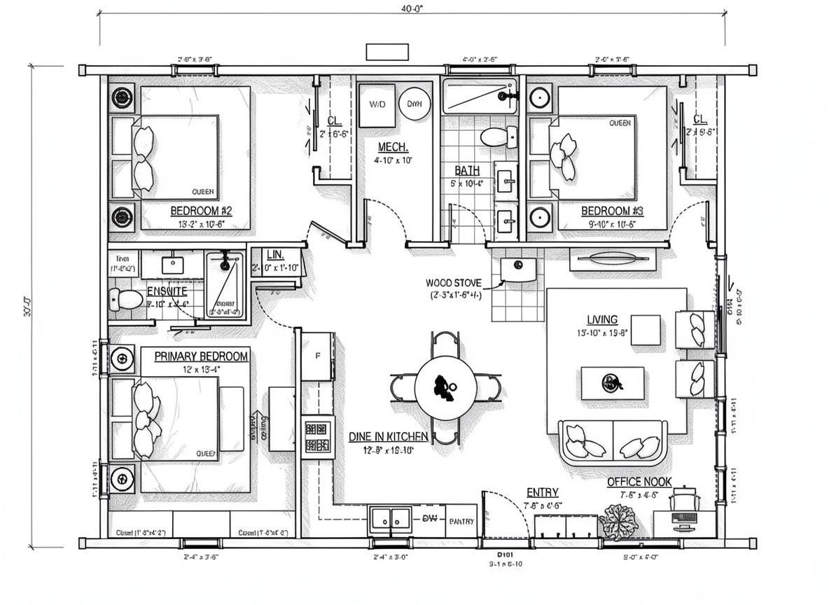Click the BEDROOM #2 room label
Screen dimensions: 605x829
(201, 211)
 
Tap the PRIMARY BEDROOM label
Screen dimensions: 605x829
(201, 356)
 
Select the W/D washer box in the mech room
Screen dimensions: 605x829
(377, 104)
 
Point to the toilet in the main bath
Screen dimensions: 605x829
(499, 136)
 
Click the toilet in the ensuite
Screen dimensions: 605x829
(126, 300)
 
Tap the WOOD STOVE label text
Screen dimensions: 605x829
(453, 283)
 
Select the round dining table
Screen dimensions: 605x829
(445, 387)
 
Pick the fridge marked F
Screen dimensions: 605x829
(318, 356)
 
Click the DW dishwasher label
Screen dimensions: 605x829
(429, 519)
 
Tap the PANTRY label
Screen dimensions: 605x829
(461, 522)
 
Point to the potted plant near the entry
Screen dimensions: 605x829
(618, 522)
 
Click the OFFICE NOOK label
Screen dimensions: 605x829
(639, 482)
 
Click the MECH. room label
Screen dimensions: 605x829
(393, 147)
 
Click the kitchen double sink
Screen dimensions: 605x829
(391, 519)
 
